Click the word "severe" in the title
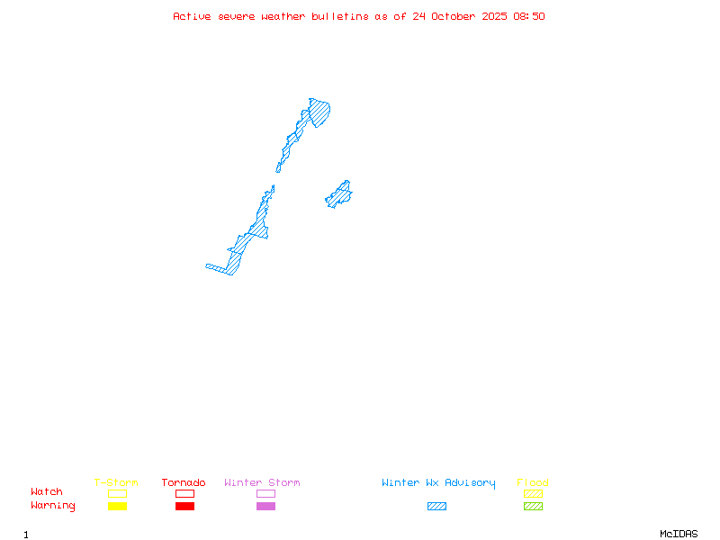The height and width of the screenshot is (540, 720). pos(237,16)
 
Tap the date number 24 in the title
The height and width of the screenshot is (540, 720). pos(419,16)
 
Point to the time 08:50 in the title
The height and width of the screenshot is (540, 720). pos(529,16)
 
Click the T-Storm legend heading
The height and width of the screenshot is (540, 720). pos(116,483)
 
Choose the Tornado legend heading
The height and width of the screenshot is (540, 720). pos(184,483)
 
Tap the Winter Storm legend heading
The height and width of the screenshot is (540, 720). pos(262,483)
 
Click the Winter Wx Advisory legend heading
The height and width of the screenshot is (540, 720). pos(438,483)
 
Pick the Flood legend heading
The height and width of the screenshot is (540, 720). pos(533,483)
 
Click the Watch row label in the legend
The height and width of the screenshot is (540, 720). pos(47,492)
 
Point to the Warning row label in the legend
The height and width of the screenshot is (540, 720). pos(53,506)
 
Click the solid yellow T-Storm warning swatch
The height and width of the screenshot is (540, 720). pos(117,507)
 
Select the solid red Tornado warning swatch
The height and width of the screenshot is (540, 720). pos(184,507)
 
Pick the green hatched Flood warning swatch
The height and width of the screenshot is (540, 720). pos(533,507)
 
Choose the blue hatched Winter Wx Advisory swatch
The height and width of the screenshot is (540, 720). pos(436,507)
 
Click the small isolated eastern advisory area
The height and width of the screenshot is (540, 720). pos(339,194)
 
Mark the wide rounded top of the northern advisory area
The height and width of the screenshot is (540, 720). pos(319,112)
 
